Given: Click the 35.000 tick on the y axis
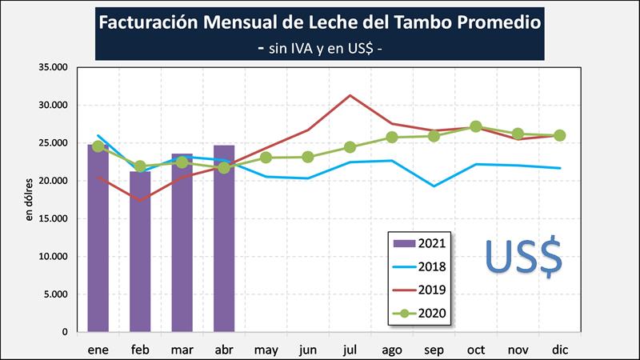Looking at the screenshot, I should [x=54, y=67].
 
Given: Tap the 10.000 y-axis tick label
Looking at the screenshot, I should [x=54, y=257].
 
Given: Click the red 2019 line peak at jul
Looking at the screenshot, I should [x=350, y=95].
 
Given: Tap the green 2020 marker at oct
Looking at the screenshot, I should [x=476, y=126].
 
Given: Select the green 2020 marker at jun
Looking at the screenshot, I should [x=308, y=157].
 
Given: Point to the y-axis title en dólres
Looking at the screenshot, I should [x=30, y=200].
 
